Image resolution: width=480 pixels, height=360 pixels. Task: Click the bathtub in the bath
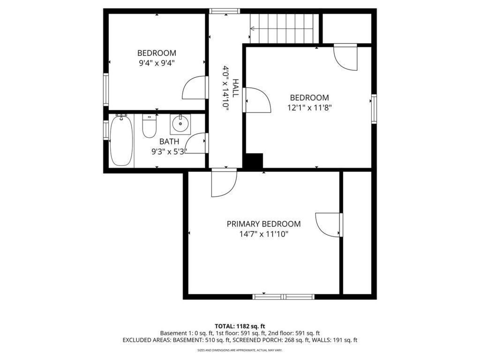(121, 141)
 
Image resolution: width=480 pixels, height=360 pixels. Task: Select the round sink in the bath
(180, 124)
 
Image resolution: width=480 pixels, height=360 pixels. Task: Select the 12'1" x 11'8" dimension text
(309, 107)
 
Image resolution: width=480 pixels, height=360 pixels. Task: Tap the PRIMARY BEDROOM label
(263, 224)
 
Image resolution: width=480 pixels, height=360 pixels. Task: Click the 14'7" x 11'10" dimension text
(263, 233)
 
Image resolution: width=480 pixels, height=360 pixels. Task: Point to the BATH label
(169, 142)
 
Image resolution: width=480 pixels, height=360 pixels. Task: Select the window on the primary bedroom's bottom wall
(283, 296)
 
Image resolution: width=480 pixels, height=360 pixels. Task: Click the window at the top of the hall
(225, 11)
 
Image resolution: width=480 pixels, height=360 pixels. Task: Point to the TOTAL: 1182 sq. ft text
(240, 326)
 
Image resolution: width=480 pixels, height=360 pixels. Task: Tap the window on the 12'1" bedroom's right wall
(374, 108)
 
